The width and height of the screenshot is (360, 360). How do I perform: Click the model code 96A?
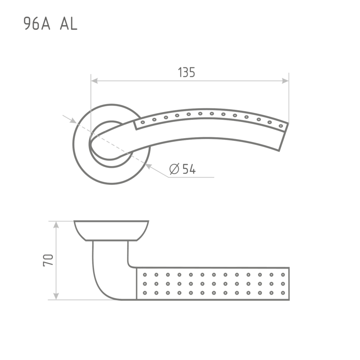[37, 24]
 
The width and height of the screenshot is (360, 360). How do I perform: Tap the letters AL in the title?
[68, 24]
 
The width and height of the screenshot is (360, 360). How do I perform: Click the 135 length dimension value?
[186, 72]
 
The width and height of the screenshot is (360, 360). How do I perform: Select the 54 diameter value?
[189, 169]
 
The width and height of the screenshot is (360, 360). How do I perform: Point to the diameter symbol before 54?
[174, 169]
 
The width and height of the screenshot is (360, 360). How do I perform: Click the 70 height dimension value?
[48, 260]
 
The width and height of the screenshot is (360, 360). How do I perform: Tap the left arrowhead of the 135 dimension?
[94, 81]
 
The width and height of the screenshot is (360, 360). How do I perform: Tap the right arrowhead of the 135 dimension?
[285, 81]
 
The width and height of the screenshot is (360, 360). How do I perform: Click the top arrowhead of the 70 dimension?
[56, 225]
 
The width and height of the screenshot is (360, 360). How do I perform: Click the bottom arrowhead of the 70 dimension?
[56, 296]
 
